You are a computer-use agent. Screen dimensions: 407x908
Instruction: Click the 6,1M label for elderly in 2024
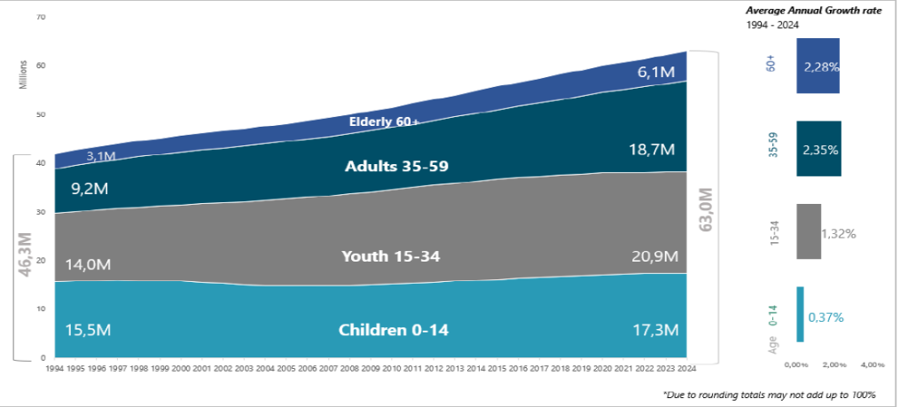[656, 73]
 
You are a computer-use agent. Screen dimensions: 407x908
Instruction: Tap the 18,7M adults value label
[655, 152]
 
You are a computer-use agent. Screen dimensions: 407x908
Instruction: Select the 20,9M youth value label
[655, 256]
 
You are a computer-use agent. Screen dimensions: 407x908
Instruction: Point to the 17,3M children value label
[655, 330]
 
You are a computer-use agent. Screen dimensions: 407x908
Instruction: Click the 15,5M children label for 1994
[89, 330]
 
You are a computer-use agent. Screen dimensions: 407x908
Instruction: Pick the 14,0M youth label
[89, 264]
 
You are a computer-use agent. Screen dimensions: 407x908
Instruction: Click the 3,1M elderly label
[100, 156]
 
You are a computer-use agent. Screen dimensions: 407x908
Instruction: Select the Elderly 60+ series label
[384, 121]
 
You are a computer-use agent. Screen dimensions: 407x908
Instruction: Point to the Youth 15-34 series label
[391, 256]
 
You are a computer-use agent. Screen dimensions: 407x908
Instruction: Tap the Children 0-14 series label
[394, 330]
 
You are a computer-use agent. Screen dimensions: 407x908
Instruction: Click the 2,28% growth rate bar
[818, 67]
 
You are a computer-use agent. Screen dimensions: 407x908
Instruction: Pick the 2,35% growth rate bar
[818, 149]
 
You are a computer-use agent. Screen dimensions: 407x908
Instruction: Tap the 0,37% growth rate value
[826, 317]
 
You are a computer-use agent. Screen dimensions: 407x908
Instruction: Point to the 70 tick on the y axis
[41, 17]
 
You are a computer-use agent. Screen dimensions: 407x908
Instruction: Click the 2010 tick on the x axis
[389, 368]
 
